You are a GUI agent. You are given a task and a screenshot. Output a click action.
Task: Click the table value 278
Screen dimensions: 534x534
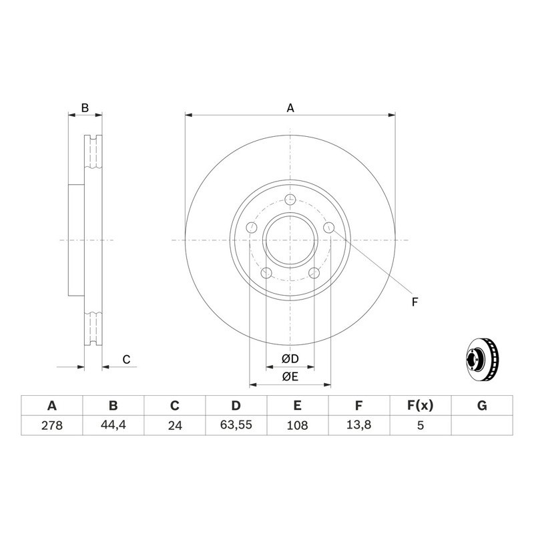click(x=52, y=425)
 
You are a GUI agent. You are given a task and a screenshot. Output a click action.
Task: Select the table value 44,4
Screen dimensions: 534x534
click(x=113, y=425)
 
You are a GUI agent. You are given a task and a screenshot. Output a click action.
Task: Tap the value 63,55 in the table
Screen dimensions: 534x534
click(x=236, y=425)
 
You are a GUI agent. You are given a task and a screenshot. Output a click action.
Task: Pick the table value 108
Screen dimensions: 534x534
click(x=297, y=425)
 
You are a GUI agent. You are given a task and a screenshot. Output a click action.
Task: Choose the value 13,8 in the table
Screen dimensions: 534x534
click(x=358, y=425)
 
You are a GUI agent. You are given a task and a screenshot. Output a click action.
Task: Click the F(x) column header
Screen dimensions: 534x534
click(x=421, y=406)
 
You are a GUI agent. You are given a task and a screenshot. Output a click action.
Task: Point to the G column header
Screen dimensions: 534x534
click(x=482, y=406)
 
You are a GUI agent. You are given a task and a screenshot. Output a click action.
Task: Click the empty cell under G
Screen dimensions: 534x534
click(x=482, y=425)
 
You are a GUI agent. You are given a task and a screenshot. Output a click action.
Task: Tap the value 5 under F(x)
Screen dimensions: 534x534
click(x=421, y=425)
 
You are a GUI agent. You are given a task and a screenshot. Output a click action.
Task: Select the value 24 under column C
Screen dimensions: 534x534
click(x=175, y=425)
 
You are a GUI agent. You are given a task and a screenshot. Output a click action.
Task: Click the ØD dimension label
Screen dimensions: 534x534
click(x=290, y=358)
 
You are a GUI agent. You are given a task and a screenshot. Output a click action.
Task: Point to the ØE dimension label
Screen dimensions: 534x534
click(x=290, y=376)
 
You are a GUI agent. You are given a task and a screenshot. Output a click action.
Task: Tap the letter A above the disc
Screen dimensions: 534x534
click(x=290, y=108)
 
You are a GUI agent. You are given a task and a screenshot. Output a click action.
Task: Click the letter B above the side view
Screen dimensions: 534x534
click(x=85, y=108)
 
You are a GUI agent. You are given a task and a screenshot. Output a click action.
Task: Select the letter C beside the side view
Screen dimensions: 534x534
click(x=126, y=359)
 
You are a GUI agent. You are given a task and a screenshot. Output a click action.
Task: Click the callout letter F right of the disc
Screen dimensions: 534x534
click(x=415, y=302)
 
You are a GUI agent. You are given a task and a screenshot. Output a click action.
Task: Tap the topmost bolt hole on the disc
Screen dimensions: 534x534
click(x=290, y=199)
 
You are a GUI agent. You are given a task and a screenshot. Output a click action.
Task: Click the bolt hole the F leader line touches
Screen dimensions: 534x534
click(x=328, y=228)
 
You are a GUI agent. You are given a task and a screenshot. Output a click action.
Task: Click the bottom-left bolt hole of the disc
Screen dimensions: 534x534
click(x=266, y=273)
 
